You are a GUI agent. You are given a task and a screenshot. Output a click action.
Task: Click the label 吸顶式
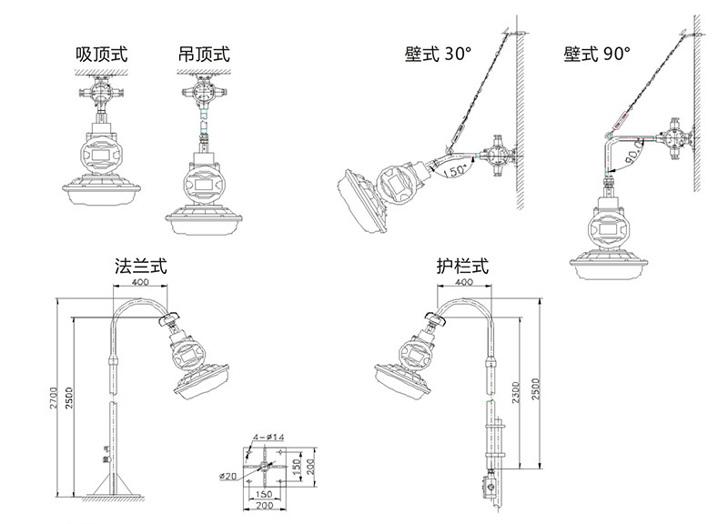coord(102,55)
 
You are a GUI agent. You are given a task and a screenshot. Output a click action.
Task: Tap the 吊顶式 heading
coord(205,55)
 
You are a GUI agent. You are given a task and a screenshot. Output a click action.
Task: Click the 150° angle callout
coord(454,168)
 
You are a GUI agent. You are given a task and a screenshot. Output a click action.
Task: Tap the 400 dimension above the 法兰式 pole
coord(140,283)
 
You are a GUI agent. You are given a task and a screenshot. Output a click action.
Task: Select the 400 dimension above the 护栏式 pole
coord(463,283)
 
